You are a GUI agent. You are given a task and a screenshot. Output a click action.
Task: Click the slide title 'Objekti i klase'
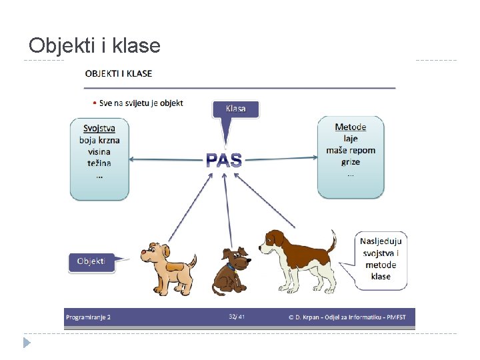click(95, 45)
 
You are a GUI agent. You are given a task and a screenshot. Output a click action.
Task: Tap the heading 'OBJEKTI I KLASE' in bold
click(118, 73)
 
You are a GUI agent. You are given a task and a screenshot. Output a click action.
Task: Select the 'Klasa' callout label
click(235, 109)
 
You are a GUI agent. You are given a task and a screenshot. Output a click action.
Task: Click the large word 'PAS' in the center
click(223, 160)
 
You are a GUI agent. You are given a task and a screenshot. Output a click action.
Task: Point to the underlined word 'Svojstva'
click(99, 129)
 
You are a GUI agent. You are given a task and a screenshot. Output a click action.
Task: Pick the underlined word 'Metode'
click(350, 127)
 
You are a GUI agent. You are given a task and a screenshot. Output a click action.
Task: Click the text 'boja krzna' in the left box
click(99, 140)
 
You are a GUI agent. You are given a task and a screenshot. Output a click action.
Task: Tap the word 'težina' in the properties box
click(99, 163)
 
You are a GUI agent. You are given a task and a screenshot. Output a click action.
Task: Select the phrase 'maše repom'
click(351, 150)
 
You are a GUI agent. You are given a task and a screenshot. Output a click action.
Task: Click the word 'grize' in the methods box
click(350, 161)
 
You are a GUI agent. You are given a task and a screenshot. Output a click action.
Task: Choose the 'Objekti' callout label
click(91, 261)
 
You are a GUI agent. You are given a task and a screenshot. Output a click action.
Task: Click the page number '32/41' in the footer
click(236, 317)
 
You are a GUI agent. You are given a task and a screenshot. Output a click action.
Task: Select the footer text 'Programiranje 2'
click(88, 317)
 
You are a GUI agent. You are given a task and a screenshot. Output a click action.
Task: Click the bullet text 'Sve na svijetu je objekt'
click(141, 103)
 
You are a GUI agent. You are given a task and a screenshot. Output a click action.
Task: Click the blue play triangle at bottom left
click(26, 343)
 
